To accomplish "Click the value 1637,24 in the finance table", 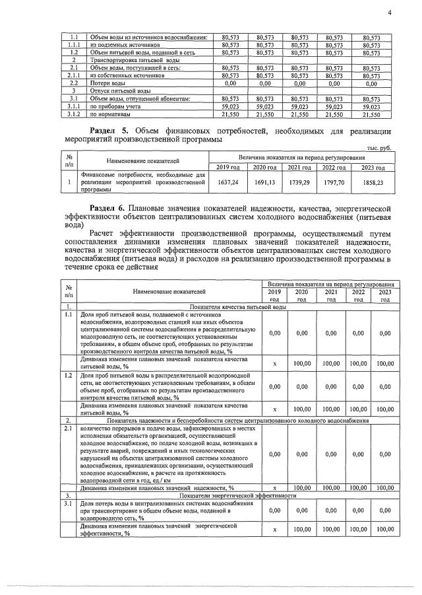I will click(227, 182).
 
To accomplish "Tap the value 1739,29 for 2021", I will click(299, 182).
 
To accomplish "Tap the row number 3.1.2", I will click(75, 114).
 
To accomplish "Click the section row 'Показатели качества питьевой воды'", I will click(237, 308).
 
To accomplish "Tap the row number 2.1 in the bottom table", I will click(68, 429).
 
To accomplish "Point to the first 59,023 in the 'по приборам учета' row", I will click(229, 106).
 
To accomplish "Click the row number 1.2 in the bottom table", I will click(68, 375).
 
